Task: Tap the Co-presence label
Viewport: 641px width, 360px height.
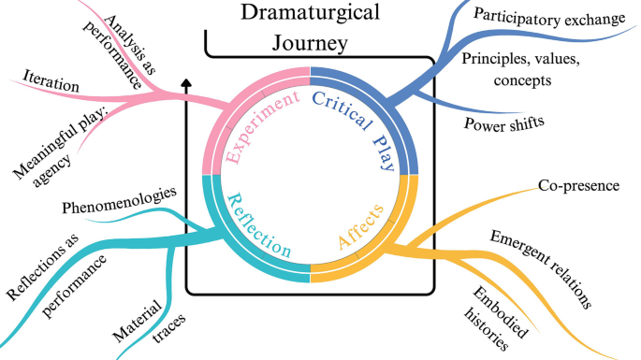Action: [578, 185]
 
